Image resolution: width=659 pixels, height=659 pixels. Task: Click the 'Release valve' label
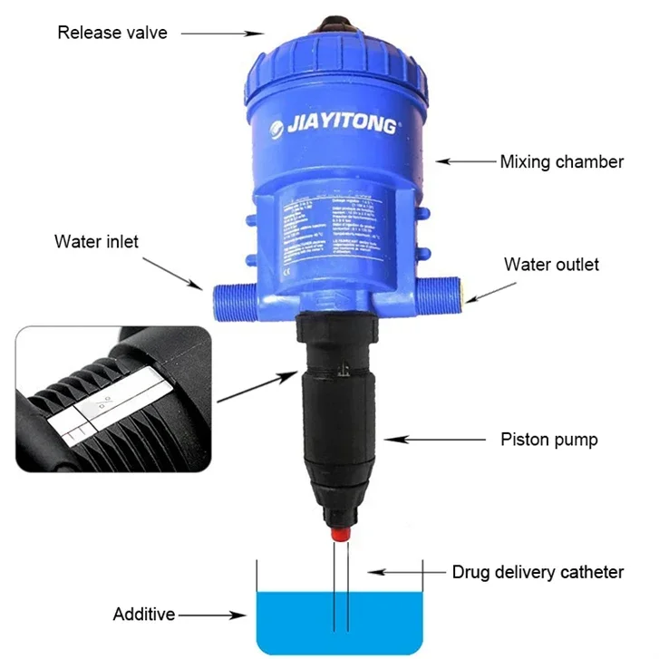tap(112, 34)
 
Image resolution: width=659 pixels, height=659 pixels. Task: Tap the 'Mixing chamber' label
tap(562, 162)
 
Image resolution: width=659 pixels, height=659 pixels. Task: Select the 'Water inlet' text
tap(96, 241)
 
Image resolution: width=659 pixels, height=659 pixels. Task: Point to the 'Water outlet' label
tap(551, 265)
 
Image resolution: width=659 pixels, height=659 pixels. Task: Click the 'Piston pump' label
tap(549, 440)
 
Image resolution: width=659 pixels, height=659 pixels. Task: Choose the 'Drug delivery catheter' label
tap(538, 572)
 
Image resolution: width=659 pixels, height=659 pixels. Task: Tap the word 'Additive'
tap(143, 615)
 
